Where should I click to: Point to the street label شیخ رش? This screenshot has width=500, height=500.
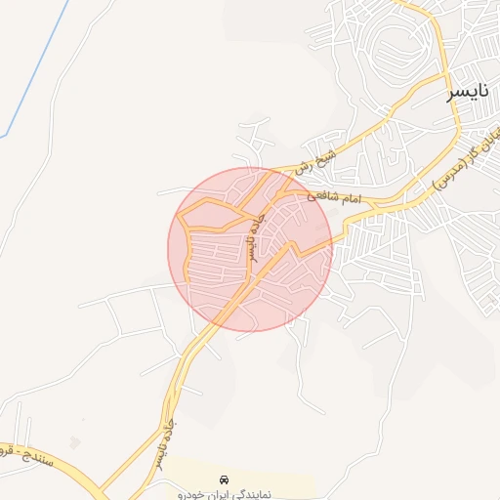[318, 161]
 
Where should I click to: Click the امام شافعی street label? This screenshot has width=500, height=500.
[335, 197]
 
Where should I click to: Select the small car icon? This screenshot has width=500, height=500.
[226, 480]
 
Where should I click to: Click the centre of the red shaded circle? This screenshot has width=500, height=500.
[250, 249]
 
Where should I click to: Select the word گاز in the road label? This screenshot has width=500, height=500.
[466, 151]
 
